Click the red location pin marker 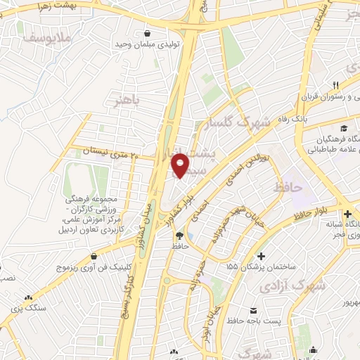pyautogui.click(x=180, y=166)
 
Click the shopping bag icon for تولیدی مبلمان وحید pyautogui.click(x=148, y=32)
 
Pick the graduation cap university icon pyautogui.click(x=344, y=128)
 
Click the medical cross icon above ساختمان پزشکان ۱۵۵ pyautogui.click(x=262, y=256)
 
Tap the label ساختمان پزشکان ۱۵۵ pyautogui.click(x=255, y=268)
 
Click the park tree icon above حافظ pyautogui.click(x=179, y=236)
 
